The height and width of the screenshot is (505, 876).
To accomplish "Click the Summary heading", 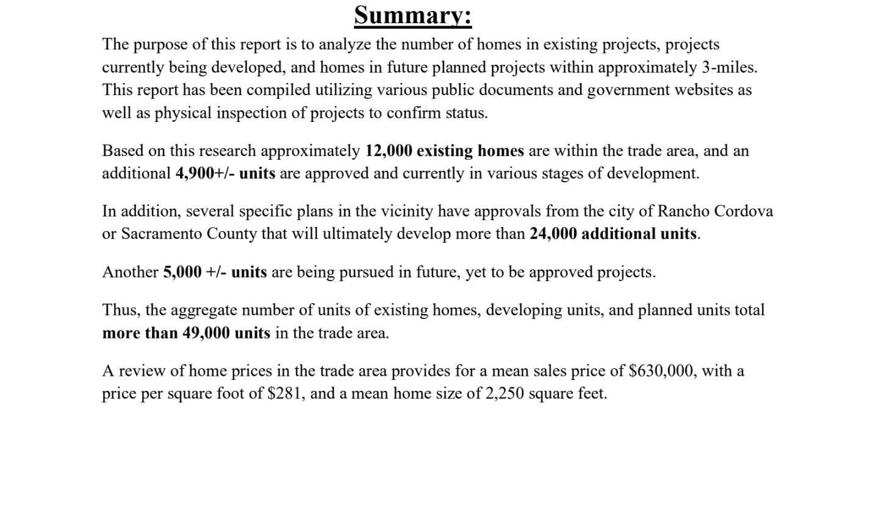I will tap(412, 15).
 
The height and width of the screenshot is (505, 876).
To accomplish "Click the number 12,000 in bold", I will tap(388, 151).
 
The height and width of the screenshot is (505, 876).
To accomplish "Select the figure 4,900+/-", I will tap(205, 173).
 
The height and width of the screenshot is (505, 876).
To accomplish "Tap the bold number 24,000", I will tap(553, 234).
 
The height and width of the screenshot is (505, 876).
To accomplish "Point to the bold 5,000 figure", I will tap(182, 272).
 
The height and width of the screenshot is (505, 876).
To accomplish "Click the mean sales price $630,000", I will tap(661, 371).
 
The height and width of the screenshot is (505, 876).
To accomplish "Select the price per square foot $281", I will tap(284, 393).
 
